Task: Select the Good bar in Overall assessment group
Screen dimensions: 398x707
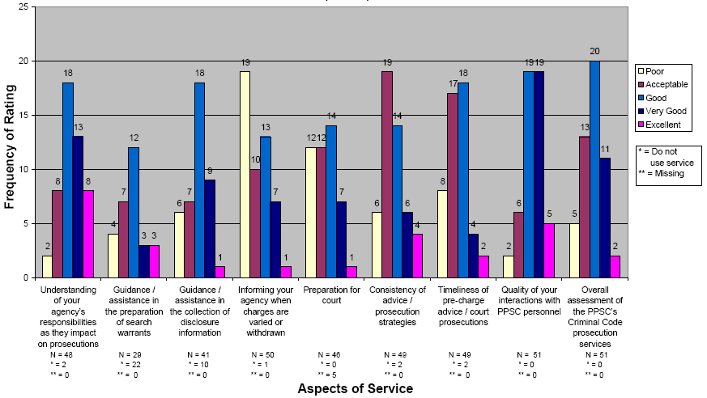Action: pos(595,169)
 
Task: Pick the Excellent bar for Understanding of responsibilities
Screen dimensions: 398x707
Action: pos(89,234)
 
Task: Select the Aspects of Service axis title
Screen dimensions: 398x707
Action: pos(355,388)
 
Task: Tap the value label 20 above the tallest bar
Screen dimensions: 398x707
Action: pos(595,51)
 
